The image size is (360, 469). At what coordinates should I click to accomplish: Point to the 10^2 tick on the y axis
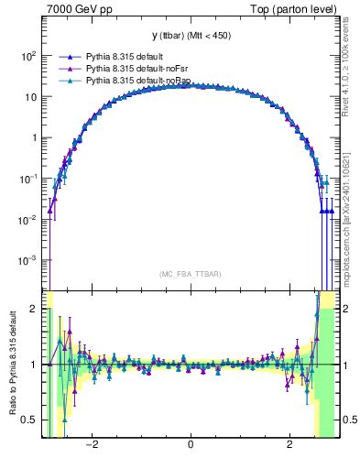coord(29,56)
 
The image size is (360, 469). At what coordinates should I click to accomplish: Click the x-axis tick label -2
coord(92,446)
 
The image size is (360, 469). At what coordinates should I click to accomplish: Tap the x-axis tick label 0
coord(190,446)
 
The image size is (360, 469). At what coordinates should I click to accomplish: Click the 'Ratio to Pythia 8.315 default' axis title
coord(14,365)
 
